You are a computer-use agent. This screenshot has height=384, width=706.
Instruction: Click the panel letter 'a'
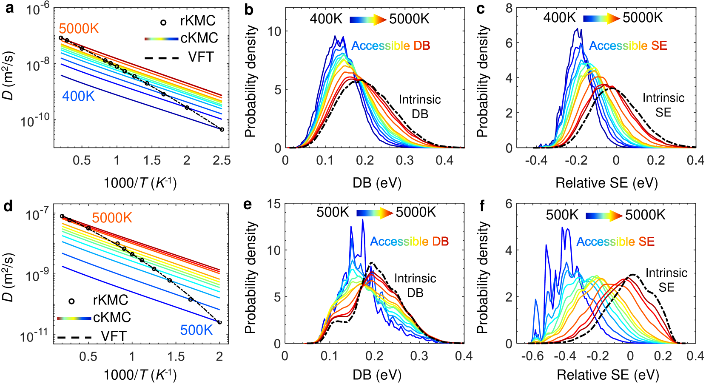(x=9, y=8)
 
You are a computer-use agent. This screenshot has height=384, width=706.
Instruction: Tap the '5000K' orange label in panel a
(x=79, y=28)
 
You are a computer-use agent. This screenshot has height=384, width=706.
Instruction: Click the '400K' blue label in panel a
(x=78, y=96)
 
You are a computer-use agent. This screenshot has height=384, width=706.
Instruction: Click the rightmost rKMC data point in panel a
(x=222, y=129)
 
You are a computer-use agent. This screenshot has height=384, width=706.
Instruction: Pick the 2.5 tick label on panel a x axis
(x=222, y=160)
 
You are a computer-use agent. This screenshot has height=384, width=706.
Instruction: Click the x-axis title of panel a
(x=140, y=183)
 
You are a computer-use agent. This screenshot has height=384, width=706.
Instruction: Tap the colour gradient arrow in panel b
(x=367, y=20)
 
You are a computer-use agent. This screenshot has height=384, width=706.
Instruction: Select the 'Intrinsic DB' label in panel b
(x=420, y=107)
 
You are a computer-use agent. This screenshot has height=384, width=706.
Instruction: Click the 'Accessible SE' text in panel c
(x=628, y=46)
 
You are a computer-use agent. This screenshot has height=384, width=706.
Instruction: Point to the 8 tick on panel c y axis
(x=509, y=9)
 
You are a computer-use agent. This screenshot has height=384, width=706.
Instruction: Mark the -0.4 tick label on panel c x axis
(x=536, y=160)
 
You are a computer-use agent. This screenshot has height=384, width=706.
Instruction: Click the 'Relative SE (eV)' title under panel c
(x=606, y=183)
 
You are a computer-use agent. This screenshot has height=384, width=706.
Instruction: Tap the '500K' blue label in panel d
(x=196, y=330)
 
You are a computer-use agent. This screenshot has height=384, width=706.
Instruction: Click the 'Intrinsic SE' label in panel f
(x=666, y=280)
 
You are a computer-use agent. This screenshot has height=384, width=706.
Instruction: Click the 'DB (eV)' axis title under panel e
(x=377, y=375)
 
